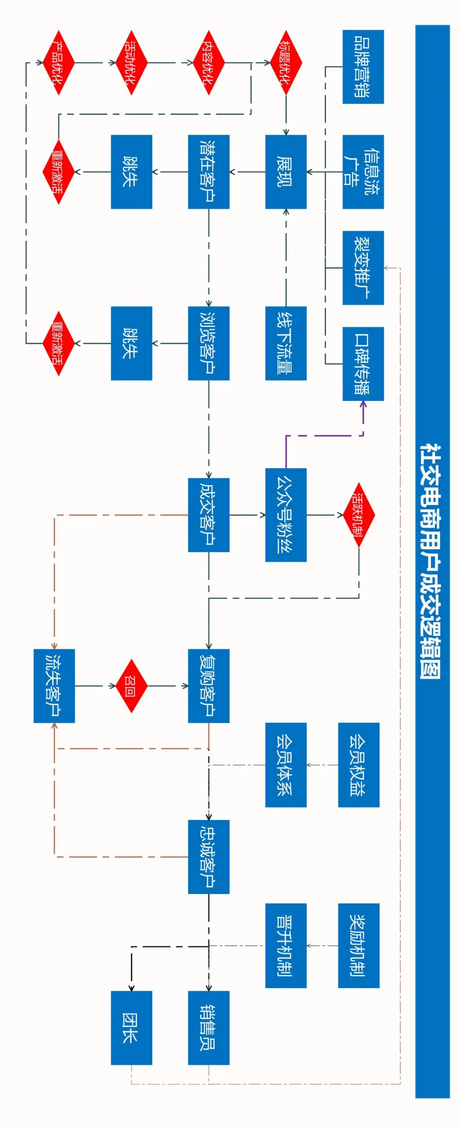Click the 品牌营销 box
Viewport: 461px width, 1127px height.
pyautogui.click(x=363, y=67)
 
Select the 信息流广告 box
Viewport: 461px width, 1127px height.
pyautogui.click(x=363, y=171)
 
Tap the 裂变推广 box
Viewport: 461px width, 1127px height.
pyautogui.click(x=363, y=268)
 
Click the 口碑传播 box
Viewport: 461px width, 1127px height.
pyautogui.click(x=363, y=363)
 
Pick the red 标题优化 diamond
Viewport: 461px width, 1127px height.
pyautogui.click(x=286, y=63)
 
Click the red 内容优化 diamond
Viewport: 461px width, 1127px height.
pyautogui.click(x=209, y=63)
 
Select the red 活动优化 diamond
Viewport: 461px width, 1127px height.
pyautogui.click(x=131, y=63)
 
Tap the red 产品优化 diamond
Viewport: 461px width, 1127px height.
pyautogui.click(x=58, y=63)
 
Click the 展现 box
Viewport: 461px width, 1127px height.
pyautogui.click(x=286, y=171)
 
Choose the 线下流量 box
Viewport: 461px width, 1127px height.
pyautogui.click(x=286, y=343)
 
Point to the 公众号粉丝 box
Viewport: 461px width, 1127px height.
pyautogui.click(x=286, y=515)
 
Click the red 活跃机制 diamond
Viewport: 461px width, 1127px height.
pyautogui.click(x=359, y=515)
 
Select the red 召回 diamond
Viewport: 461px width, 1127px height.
pyautogui.click(x=131, y=685)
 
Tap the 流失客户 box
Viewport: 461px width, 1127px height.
pyautogui.click(x=54, y=685)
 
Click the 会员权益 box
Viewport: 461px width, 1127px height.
pyautogui.click(x=359, y=765)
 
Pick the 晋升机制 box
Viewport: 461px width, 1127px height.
pyautogui.click(x=286, y=945)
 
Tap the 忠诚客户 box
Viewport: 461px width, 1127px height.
pyautogui.click(x=209, y=857)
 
